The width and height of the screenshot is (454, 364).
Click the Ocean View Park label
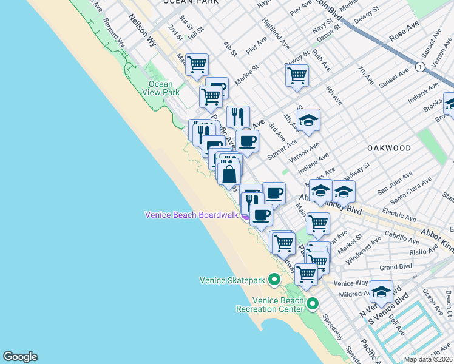tap(161, 88)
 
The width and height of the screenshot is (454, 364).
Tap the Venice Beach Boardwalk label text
tap(191, 215)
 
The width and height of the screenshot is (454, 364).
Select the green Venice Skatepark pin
tap(274, 280)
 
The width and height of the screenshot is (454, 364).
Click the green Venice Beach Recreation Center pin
tap(313, 303)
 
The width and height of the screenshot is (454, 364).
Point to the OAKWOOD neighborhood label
tap(389, 148)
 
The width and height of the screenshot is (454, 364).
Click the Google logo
tap(20, 357)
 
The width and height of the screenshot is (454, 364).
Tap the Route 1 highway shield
tap(419, 66)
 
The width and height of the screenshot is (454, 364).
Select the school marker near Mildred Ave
tap(381, 291)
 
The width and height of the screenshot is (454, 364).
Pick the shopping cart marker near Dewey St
tap(297, 75)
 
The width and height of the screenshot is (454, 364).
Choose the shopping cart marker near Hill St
tap(197, 64)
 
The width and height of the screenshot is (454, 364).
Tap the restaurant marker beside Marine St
tap(238, 116)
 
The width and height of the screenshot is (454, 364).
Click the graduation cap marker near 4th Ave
tap(308, 120)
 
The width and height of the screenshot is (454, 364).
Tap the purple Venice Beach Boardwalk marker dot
tap(245, 216)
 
